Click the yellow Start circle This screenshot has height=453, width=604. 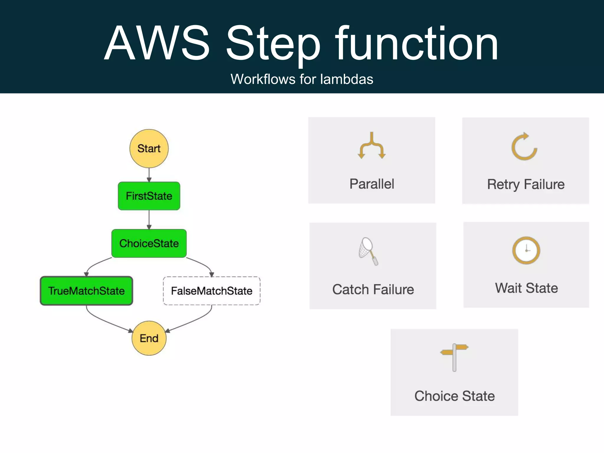pos(149,148)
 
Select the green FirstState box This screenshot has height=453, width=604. pos(149,196)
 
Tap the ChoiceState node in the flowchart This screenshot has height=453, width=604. pos(149,243)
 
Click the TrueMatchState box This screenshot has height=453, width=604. pos(86,291)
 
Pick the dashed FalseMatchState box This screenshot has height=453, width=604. pos(212,291)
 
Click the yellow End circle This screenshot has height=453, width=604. pos(149,338)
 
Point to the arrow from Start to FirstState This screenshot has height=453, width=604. pos(149,175)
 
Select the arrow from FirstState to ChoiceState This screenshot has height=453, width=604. pos(149,219)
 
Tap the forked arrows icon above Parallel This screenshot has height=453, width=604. pos(372,146)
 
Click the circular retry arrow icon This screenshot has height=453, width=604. pos(524,147)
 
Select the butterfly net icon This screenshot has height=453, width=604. pos(368,251)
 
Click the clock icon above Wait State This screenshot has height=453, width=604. pos(526,250)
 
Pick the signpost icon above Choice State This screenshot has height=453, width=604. pos(454,357)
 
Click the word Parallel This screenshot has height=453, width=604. pos(372,184)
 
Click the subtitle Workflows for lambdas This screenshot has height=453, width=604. pos(302,79)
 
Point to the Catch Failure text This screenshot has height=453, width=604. pos(373,289)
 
